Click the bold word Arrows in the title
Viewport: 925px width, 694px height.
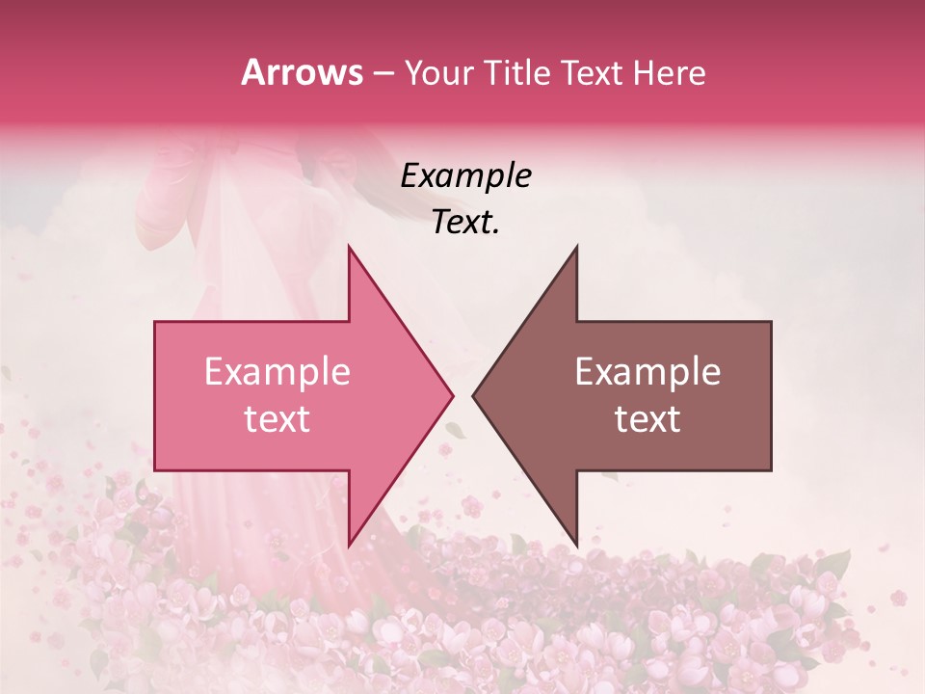click(303, 72)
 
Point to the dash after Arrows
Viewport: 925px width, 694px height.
click(383, 73)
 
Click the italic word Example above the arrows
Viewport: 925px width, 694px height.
click(466, 175)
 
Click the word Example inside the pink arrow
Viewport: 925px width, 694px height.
click(277, 372)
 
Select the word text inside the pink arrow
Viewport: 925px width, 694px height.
click(277, 419)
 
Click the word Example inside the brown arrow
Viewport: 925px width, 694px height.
click(647, 372)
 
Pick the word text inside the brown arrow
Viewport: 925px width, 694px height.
click(647, 419)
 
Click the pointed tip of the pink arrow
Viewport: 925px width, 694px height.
click(452, 395)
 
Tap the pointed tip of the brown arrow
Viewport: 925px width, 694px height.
click(473, 395)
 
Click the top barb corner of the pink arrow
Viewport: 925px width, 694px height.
click(349, 247)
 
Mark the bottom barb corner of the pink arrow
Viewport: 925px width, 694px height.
click(349, 545)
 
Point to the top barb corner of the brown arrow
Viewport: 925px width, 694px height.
click(576, 247)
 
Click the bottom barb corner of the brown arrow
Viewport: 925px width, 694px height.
click(576, 545)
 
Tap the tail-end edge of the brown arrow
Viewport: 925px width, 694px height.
click(771, 395)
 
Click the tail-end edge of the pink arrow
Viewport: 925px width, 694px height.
click(155, 395)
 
